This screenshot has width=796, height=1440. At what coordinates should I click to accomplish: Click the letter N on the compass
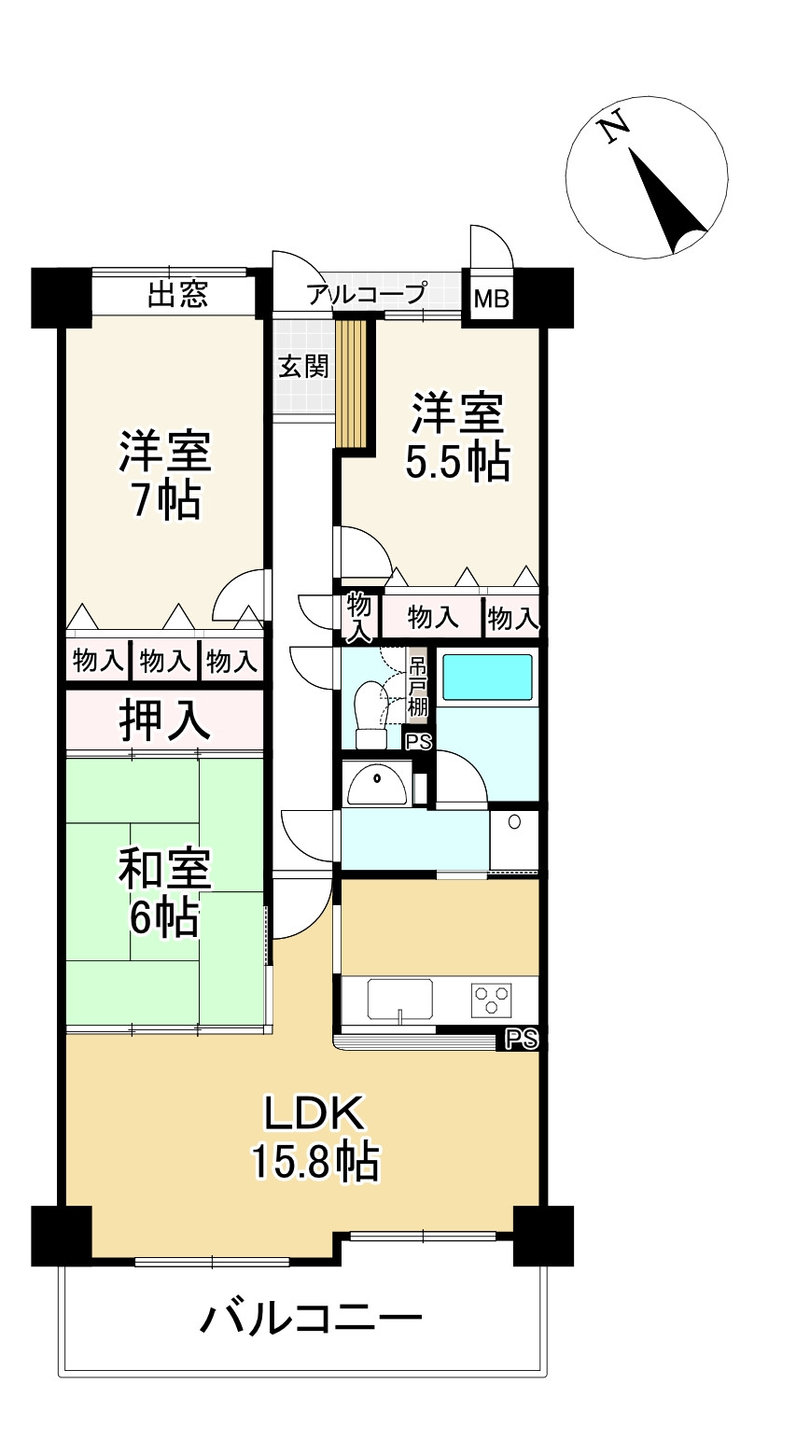click(613, 128)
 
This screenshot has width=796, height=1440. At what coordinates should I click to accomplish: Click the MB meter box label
click(492, 300)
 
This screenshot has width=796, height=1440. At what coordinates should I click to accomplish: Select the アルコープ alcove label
click(367, 294)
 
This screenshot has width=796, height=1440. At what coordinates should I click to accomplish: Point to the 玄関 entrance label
click(303, 365)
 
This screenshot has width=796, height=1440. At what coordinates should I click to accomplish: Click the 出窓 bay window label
click(177, 296)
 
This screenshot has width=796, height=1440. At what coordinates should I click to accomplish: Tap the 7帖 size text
click(164, 501)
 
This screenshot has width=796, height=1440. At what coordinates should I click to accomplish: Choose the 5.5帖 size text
click(457, 461)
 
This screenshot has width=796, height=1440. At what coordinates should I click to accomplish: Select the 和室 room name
click(164, 870)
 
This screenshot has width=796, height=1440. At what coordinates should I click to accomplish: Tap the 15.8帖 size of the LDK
click(314, 1162)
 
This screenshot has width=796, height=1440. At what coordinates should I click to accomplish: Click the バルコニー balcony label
click(312, 1319)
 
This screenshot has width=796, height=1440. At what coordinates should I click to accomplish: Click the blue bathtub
click(486, 678)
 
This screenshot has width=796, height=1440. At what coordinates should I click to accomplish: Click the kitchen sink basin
click(399, 999)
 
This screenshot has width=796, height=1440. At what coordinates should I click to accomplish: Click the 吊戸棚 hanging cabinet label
click(417, 689)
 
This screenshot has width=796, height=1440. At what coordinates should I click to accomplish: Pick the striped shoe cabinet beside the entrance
click(353, 384)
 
